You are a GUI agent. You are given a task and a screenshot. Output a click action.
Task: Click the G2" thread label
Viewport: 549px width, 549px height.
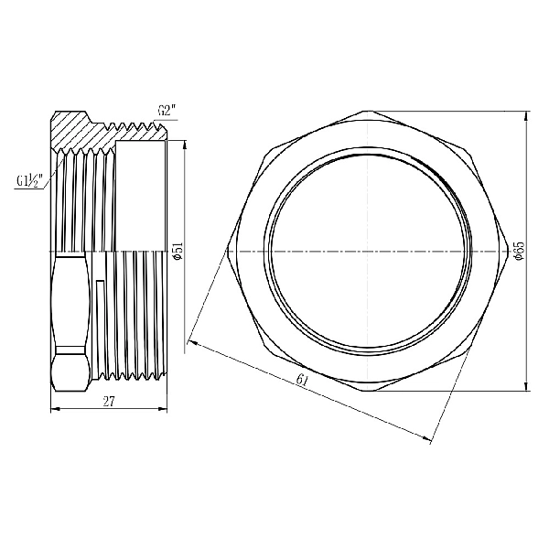166,111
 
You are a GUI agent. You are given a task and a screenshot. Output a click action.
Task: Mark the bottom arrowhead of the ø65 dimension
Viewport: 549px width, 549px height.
527,385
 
